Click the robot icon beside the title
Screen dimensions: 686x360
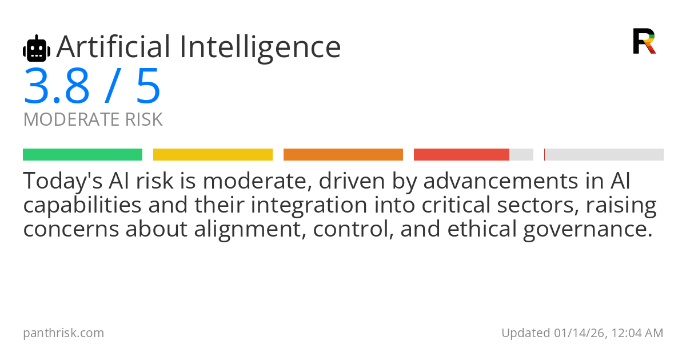tap(37, 48)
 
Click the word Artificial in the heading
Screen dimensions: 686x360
tap(114, 47)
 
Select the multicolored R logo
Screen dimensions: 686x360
tap(644, 41)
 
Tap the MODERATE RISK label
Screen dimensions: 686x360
tap(93, 119)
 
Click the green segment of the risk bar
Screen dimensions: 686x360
tap(83, 155)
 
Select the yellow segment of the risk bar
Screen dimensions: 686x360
tap(213, 155)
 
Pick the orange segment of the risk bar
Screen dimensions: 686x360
tap(344, 155)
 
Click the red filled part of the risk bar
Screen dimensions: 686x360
tap(461, 155)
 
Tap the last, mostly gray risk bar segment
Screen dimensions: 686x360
tap(604, 155)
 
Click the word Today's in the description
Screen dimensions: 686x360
tap(63, 181)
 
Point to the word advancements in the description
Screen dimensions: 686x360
tap(501, 181)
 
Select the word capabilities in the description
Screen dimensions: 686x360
tap(82, 206)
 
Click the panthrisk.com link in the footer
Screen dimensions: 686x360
tap(63, 333)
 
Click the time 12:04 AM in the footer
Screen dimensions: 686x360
tap(637, 333)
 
